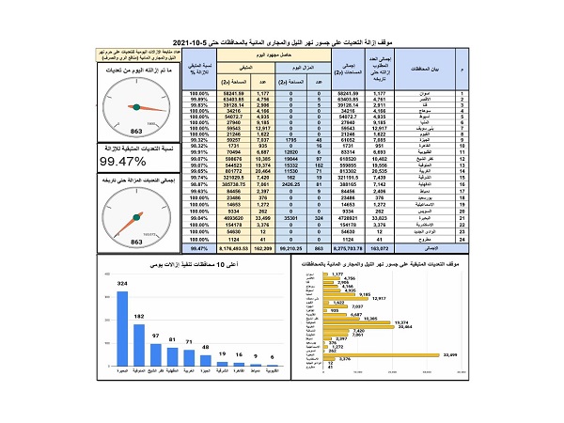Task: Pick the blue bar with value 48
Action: pos(206,369)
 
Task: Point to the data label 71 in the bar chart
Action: pos(189,341)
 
